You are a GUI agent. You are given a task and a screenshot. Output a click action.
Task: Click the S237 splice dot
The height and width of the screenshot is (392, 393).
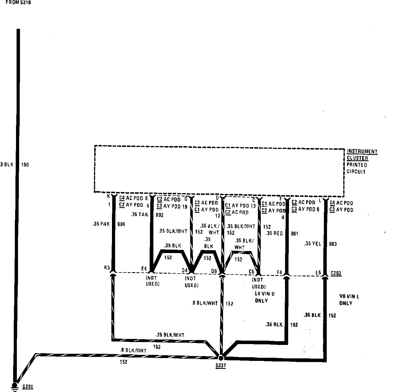pyautogui.click(x=221, y=357)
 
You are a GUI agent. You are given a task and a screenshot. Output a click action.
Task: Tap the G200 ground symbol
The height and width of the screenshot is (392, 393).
pyautogui.click(x=14, y=386)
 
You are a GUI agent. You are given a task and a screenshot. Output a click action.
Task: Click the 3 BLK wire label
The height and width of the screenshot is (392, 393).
pyautogui.click(x=7, y=165)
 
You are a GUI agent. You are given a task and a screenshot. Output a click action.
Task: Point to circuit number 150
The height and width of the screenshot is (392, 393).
pyautogui.click(x=25, y=165)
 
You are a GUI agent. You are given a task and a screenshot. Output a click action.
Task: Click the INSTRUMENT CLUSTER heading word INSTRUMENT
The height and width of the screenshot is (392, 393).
pyautogui.click(x=362, y=151)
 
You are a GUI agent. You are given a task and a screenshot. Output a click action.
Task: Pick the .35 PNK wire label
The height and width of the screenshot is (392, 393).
pyautogui.click(x=101, y=224)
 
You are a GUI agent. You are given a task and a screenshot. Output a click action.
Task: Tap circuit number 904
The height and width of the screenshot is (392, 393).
pyautogui.click(x=121, y=224)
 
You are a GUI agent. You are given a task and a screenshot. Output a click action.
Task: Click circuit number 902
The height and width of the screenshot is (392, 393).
pyautogui.click(x=159, y=215)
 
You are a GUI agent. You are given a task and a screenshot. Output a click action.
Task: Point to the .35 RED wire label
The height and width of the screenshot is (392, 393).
pyautogui.click(x=274, y=233)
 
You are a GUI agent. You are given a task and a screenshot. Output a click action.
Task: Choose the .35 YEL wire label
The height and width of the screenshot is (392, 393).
pyautogui.click(x=312, y=244)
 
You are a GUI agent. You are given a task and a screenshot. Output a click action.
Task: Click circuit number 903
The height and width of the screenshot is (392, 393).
pyautogui.click(x=333, y=244)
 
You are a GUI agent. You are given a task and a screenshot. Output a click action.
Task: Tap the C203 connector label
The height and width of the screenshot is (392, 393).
pyautogui.click(x=336, y=273)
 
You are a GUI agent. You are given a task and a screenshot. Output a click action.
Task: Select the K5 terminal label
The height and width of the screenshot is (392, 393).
pyautogui.click(x=107, y=268)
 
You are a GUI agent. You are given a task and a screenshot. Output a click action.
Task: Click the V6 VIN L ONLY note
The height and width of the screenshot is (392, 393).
pyautogui.click(x=349, y=300)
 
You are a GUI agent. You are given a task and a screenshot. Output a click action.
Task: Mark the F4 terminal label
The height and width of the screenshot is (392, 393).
pyautogui.click(x=279, y=272)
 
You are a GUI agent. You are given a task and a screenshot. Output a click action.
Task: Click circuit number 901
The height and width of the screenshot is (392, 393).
pyautogui.click(x=294, y=234)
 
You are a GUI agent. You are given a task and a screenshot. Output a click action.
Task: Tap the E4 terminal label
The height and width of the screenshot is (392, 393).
pyautogui.click(x=144, y=268)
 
